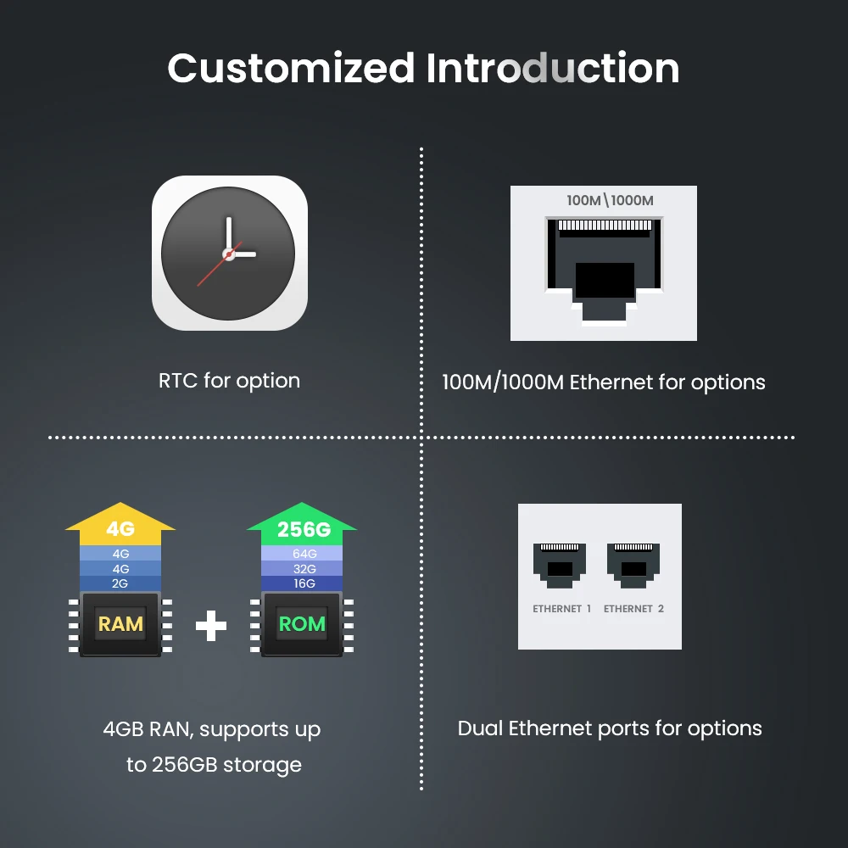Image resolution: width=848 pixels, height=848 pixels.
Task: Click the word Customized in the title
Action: click(x=290, y=69)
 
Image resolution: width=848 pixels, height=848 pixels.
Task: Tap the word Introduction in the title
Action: click(x=552, y=69)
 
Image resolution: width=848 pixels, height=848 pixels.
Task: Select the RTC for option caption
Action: click(x=229, y=381)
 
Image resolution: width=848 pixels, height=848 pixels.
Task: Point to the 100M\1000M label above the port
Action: click(x=611, y=201)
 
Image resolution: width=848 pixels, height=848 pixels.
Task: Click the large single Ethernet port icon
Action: click(x=604, y=270)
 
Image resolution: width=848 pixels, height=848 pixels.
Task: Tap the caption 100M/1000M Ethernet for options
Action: click(x=603, y=382)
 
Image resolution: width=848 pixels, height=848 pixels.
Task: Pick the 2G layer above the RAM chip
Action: click(x=120, y=583)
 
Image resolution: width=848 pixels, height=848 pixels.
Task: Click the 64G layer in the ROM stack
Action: click(x=303, y=555)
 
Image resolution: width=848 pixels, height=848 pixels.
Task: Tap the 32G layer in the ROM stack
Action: click(x=303, y=569)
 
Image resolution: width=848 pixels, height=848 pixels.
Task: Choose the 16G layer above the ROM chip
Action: click(x=303, y=583)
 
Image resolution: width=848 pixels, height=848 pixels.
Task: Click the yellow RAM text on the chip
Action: click(x=120, y=625)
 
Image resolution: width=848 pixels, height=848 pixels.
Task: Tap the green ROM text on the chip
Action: click(x=302, y=625)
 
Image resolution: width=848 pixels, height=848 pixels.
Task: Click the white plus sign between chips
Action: click(x=211, y=627)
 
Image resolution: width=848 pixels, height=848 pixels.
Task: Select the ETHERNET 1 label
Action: click(x=562, y=609)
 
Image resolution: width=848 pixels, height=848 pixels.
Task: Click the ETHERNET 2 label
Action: click(x=633, y=609)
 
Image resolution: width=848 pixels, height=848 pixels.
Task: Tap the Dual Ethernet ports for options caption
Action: click(x=610, y=728)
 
